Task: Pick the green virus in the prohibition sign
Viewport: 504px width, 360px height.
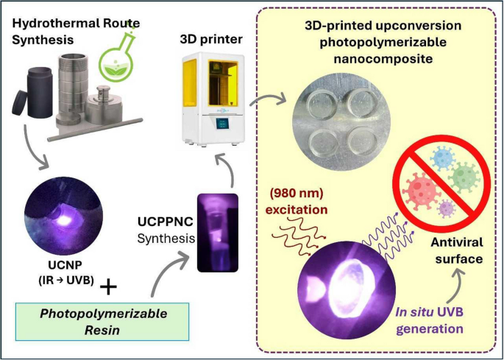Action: point(461,177)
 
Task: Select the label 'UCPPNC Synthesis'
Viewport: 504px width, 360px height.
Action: point(166,228)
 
